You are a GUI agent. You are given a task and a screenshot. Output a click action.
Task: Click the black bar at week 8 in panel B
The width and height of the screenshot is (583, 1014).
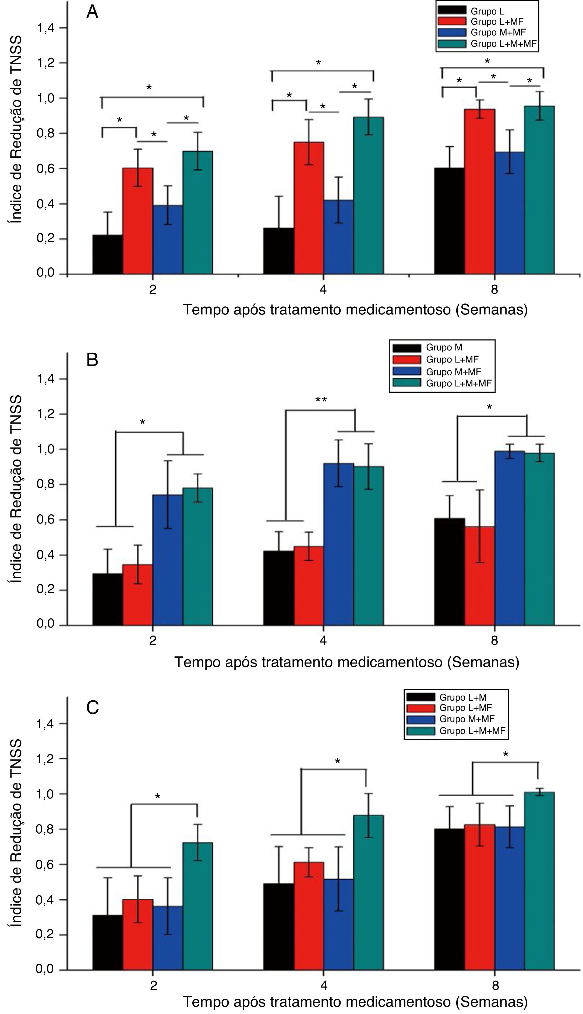point(449,572)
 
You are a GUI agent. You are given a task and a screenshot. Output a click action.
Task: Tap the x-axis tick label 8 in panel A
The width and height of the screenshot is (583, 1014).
point(494,289)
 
